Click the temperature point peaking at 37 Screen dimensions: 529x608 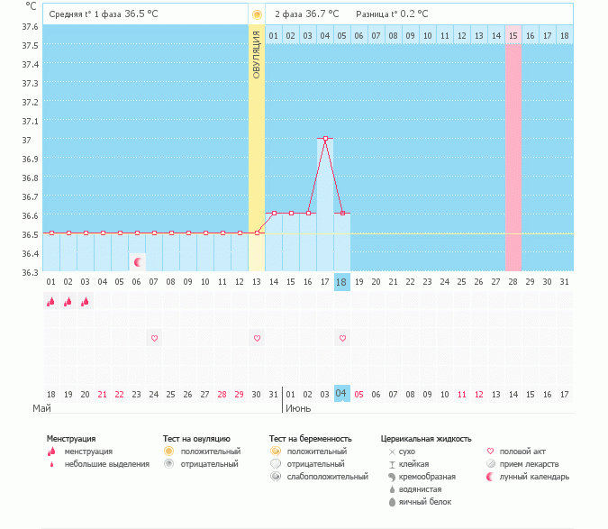coord(325,139)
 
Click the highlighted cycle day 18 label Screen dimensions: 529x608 coord(341,282)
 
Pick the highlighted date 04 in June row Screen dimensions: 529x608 coord(341,394)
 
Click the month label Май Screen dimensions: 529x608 coord(41,408)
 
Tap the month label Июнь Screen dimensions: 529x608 coord(299,408)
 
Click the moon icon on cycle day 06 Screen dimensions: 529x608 coord(138,262)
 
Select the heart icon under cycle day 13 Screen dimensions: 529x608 coord(257,338)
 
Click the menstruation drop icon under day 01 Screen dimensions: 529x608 coord(51,302)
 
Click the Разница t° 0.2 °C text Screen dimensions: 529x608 coord(392,14)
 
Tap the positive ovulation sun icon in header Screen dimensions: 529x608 coord(257,14)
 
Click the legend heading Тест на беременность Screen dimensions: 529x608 coord(311,439)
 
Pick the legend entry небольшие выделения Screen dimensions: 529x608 coord(106,464)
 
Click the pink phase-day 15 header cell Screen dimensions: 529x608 coord(513,35)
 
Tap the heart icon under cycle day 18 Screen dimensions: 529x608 coord(342,338)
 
